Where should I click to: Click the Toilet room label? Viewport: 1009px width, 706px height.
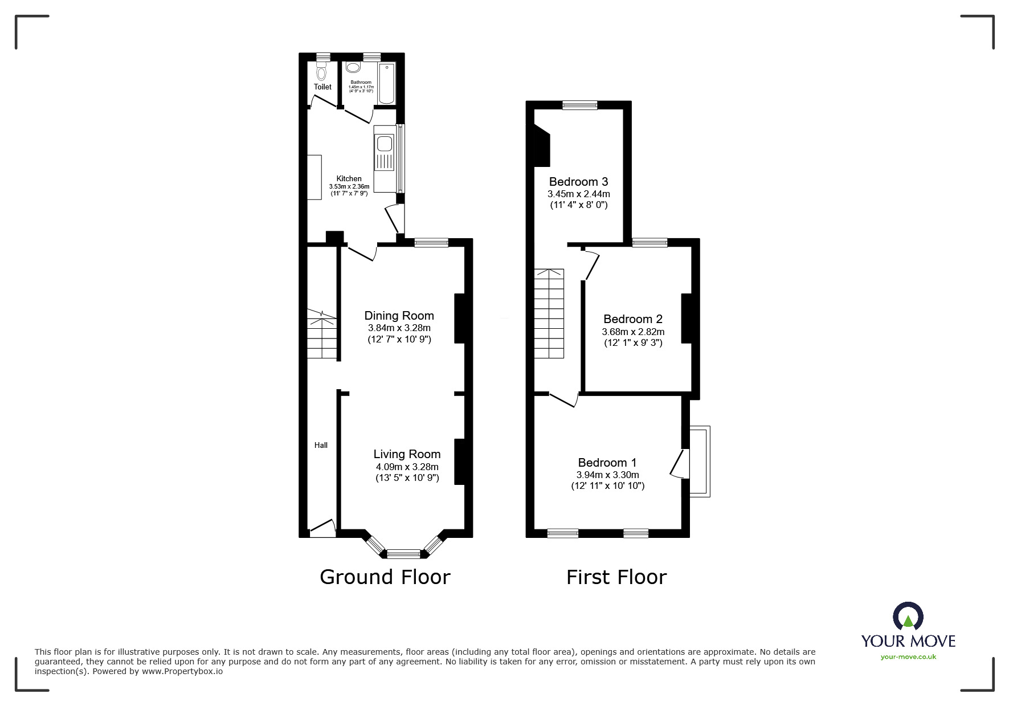click(x=322, y=87)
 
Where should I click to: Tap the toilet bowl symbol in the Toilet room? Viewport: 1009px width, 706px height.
click(x=321, y=72)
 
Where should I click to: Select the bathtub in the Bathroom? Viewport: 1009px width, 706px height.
click(x=386, y=84)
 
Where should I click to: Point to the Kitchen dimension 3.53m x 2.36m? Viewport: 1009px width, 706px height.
click(x=349, y=186)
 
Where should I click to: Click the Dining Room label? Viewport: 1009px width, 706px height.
click(x=399, y=316)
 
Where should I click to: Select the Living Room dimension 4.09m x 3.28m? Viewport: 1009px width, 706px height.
click(x=407, y=467)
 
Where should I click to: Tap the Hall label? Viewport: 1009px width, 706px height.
click(x=321, y=445)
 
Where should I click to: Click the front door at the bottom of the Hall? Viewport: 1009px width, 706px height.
click(x=322, y=528)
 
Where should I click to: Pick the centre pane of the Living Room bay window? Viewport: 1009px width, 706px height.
click(x=403, y=552)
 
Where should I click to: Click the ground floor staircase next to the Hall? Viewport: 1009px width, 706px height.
click(x=322, y=336)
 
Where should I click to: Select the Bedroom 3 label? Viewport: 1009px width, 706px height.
click(x=578, y=182)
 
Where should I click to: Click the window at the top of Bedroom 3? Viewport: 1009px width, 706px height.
click(x=579, y=105)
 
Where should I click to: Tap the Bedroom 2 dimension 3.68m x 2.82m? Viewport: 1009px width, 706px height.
click(x=633, y=332)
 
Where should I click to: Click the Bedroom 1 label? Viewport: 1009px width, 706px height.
click(x=607, y=463)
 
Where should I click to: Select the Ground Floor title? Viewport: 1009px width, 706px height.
click(x=385, y=577)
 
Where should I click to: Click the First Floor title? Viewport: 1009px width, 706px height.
click(x=616, y=577)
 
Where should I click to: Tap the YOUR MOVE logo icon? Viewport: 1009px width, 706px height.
click(x=908, y=617)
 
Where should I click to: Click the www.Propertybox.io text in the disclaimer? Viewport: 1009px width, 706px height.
click(x=182, y=671)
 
